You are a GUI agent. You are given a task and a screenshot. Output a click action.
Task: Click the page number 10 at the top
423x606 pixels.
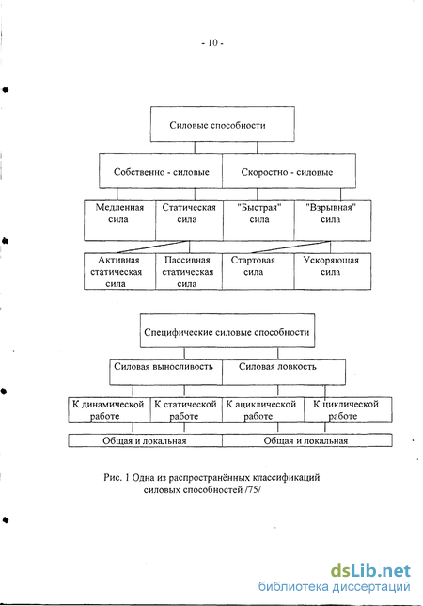tap(212, 42)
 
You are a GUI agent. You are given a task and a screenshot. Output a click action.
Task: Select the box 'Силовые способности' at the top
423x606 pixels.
tap(222, 124)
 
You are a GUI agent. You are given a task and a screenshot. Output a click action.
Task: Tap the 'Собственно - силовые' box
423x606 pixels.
tap(161, 171)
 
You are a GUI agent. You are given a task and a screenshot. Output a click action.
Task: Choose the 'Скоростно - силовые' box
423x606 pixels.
tap(289, 171)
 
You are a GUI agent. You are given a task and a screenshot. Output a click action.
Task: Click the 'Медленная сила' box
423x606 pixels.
tap(119, 220)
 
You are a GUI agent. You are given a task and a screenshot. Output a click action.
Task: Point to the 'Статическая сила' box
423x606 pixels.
tap(189, 220)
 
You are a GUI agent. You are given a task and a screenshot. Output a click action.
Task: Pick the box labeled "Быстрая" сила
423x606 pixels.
tap(258, 220)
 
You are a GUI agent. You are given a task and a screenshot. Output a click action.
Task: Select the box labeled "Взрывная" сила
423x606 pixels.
tap(333, 220)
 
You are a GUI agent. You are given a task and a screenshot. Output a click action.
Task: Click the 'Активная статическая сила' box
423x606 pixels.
tap(119, 271)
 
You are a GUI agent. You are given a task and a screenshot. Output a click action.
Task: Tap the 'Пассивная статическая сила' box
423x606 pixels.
tap(189, 271)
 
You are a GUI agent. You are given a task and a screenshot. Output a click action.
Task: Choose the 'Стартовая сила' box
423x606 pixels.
tap(258, 271)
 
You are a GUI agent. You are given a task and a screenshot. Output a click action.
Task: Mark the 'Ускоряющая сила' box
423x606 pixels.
tap(333, 271)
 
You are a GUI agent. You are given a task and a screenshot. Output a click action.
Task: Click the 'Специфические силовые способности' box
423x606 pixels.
tap(227, 331)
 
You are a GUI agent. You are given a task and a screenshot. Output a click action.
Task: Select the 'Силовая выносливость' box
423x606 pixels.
tap(165, 373)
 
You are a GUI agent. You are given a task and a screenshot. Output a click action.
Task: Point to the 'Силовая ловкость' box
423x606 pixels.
tap(284, 373)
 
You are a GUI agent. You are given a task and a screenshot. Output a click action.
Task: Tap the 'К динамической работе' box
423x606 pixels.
tap(109, 409)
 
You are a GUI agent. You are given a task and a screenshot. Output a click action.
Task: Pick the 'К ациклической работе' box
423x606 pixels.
tap(263, 409)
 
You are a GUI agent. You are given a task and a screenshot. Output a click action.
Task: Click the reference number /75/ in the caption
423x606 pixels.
tap(253, 489)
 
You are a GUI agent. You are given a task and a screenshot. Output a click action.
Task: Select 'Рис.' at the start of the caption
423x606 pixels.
tap(113, 477)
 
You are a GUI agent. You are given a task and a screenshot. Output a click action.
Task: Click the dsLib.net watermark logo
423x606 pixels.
tap(370, 571)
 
